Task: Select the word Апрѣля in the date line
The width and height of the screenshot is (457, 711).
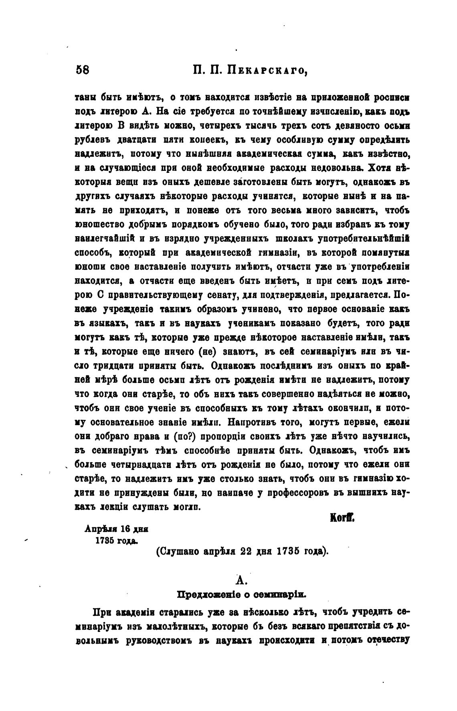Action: tap(99, 529)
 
